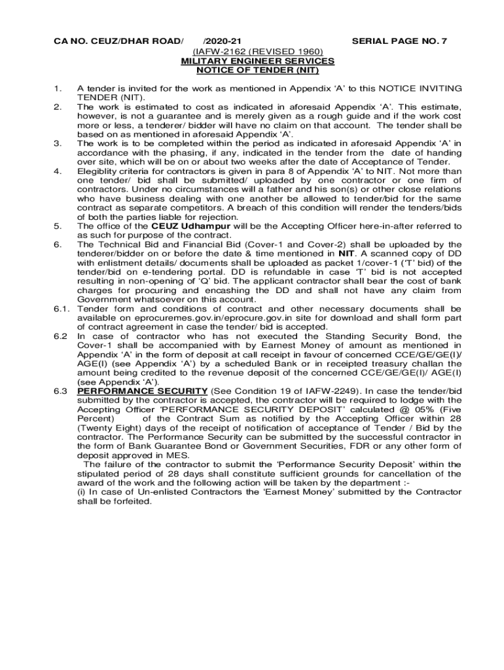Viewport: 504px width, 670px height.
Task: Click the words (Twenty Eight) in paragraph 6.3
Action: click(x=105, y=428)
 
